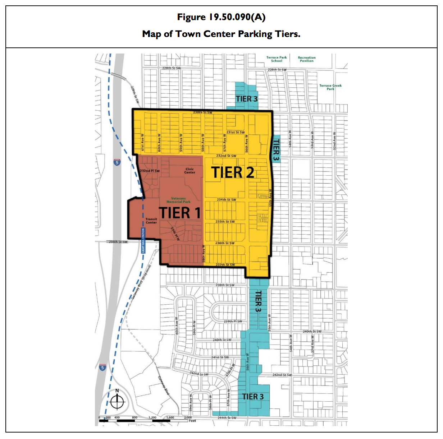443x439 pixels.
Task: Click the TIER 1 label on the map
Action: (180, 213)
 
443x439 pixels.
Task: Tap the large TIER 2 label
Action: (233, 172)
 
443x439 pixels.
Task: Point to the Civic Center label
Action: (190, 171)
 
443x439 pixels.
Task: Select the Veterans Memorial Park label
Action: (178, 200)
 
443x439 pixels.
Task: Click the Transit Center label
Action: (151, 221)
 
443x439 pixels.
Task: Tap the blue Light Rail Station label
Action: (143, 240)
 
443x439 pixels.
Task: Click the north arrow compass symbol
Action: (117, 401)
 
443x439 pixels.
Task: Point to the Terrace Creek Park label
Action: (330, 87)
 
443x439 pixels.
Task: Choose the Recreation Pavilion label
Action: (306, 59)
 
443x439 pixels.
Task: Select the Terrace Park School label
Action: (277, 59)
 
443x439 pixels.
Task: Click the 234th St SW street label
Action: (227, 200)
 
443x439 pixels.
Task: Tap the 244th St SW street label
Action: (227, 418)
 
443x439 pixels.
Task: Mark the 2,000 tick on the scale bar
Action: (188, 417)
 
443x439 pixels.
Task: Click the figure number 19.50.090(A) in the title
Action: (234, 17)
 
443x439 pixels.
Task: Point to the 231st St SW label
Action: (236, 132)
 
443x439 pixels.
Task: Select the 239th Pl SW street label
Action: (233, 322)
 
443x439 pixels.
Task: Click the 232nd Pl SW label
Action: (150, 171)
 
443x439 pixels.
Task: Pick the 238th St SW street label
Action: (225, 285)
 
